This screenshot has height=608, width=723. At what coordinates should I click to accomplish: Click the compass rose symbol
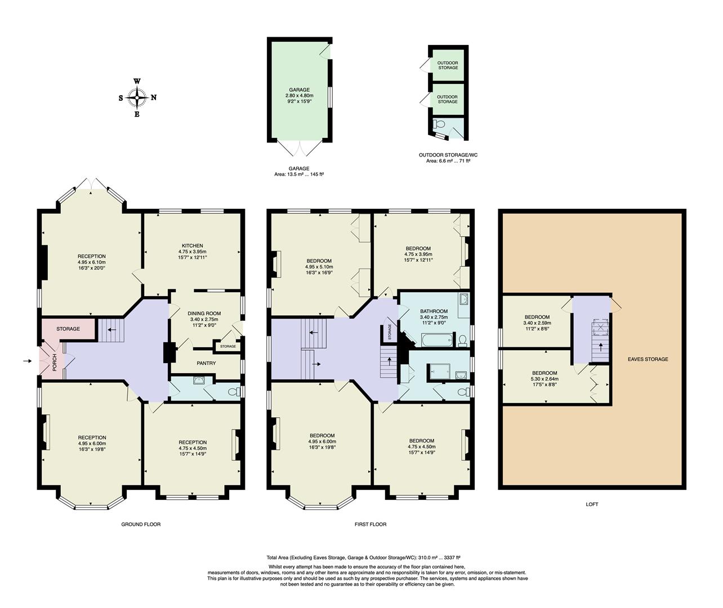tap(137, 97)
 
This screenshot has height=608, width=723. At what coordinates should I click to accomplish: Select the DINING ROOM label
tap(204, 313)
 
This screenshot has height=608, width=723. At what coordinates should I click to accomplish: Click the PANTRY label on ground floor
tap(206, 363)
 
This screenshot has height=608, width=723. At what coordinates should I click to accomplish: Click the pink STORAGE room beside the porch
tap(68, 329)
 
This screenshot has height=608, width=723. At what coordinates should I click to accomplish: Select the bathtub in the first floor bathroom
tap(437, 339)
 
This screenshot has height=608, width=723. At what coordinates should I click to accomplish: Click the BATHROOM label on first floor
tap(434, 311)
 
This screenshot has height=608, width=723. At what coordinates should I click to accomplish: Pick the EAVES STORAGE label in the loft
tap(648, 359)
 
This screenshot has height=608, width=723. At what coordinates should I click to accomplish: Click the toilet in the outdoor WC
tap(440, 124)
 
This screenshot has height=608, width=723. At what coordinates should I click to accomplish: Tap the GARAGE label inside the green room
tap(299, 90)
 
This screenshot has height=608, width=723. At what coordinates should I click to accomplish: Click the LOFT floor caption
tap(592, 504)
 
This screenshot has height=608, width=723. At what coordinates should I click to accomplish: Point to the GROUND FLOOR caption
tap(141, 524)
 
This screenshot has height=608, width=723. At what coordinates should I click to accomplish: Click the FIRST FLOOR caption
tap(370, 524)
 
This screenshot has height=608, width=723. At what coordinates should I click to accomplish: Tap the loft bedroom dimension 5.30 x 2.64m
tap(545, 379)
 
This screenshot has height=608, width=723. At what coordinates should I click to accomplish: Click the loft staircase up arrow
tap(600, 346)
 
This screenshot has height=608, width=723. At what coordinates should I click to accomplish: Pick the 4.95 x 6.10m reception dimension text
tap(92, 262)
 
